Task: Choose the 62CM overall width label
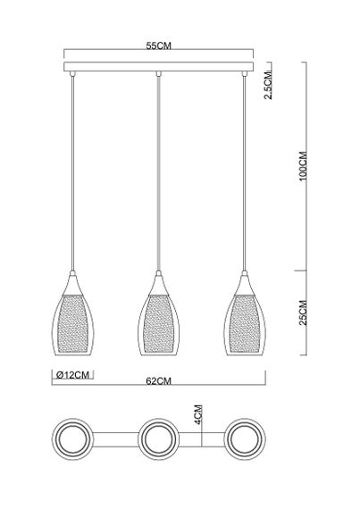click(157, 380)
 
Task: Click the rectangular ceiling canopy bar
click(157, 68)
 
